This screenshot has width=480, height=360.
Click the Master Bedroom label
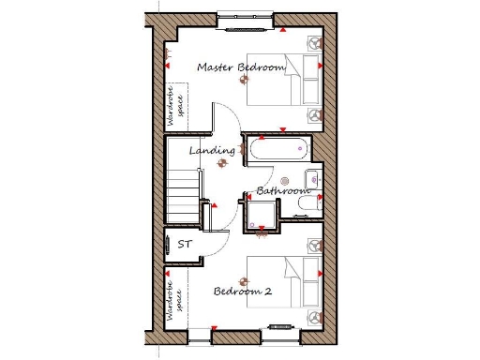(240, 67)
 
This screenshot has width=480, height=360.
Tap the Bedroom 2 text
(243, 292)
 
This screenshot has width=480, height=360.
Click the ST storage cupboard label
(185, 245)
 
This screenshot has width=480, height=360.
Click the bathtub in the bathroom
(276, 148)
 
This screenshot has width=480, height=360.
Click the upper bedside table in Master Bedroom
(313, 42)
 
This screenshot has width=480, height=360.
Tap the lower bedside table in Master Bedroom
(313, 114)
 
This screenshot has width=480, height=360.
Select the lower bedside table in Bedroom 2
(312, 317)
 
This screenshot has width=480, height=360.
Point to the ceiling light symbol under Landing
(222, 162)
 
